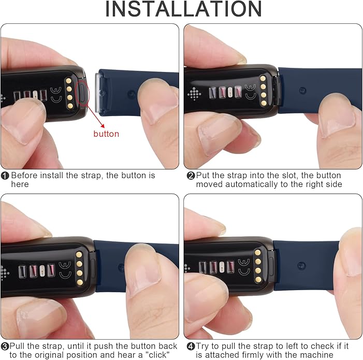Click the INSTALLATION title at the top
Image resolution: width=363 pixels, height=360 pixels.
click(183, 9)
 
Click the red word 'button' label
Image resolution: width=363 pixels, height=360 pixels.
click(106, 134)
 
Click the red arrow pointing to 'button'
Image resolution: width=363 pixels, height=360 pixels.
click(96, 116)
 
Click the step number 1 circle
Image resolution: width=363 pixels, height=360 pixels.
click(5, 176)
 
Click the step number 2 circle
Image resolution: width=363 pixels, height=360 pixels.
click(191, 176)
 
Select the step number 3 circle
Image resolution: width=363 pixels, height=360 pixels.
click(5, 347)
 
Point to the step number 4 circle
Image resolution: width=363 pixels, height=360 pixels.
click(191, 347)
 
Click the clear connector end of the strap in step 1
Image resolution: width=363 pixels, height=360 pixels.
click(100, 93)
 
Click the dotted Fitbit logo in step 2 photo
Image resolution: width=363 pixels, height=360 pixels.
click(194, 94)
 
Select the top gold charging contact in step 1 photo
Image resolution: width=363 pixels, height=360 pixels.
click(68, 81)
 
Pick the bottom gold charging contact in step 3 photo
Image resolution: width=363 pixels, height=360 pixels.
click(80, 282)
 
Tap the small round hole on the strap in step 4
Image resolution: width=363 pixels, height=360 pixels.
click(301, 266)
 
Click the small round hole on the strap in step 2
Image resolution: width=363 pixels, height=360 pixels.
click(302, 90)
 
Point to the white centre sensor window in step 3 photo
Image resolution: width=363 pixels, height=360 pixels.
click(42, 270)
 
